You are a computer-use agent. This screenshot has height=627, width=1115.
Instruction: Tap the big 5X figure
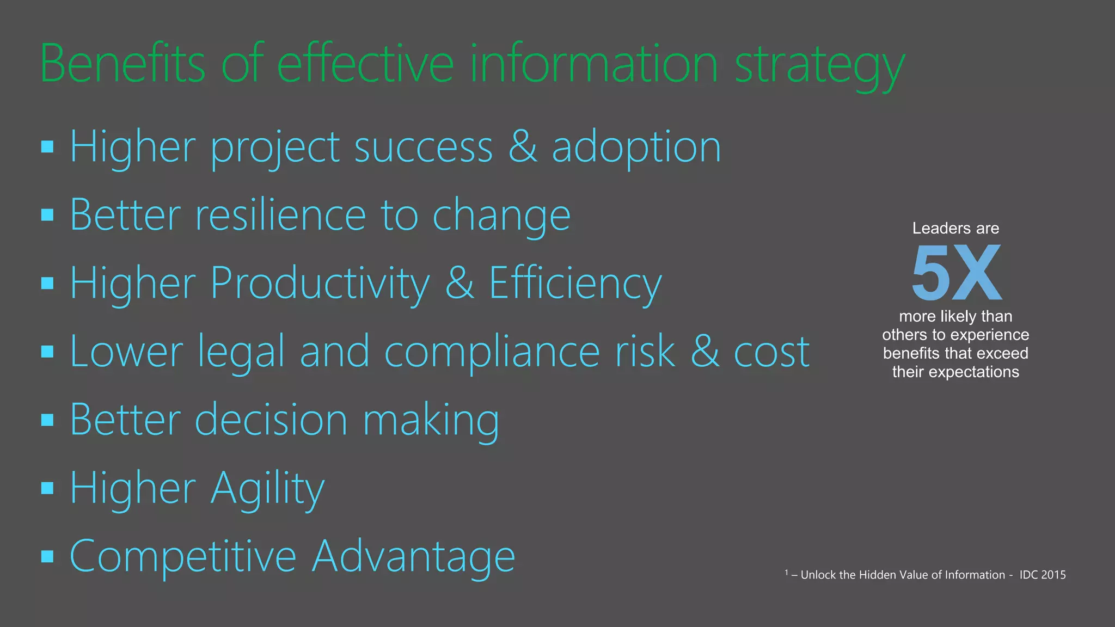pos(956,273)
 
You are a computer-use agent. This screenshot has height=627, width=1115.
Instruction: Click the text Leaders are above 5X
pos(955,228)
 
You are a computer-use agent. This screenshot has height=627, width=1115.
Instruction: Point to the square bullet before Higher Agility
pos(47,488)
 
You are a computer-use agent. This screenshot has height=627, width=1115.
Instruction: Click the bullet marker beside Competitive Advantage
pos(47,556)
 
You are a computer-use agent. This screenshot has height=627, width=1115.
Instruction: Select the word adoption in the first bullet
pos(636,148)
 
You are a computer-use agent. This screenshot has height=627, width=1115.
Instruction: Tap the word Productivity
pos(320,284)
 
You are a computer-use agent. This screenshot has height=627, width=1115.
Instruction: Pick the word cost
pos(771,353)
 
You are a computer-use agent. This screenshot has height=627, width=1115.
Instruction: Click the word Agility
pos(267,489)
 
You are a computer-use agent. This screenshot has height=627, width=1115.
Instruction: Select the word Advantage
pos(413,557)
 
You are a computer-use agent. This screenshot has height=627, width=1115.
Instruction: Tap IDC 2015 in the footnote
pos(1042,575)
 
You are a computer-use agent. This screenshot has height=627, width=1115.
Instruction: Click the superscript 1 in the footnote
pos(787,572)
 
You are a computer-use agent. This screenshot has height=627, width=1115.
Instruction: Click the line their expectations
pos(955,372)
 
